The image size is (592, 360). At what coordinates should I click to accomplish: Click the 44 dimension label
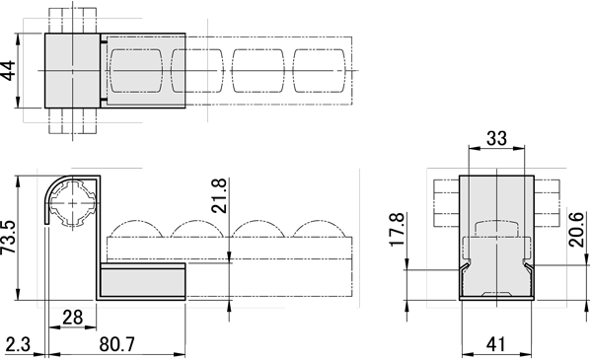[8, 71]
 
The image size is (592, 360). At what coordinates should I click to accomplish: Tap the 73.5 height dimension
[8, 237]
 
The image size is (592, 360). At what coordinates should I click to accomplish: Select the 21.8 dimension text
[219, 196]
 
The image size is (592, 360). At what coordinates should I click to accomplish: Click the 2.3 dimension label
[18, 344]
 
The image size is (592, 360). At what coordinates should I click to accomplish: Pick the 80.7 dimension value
[117, 344]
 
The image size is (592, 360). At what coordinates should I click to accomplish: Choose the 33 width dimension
[496, 138]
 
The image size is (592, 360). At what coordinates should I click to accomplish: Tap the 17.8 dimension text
[398, 230]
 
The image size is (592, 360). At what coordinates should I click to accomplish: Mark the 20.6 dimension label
[576, 230]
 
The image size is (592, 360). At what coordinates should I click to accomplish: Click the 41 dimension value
[495, 344]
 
